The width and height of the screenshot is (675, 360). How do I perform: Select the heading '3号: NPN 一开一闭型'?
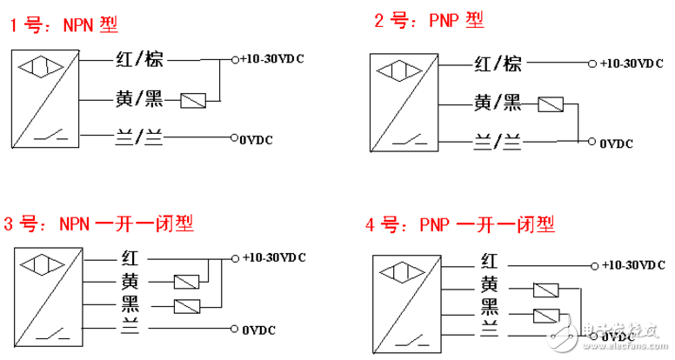tap(98, 223)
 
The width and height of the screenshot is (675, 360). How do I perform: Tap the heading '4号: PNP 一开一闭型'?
tap(459, 226)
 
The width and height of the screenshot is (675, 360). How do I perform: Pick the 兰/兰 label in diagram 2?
tap(497, 140)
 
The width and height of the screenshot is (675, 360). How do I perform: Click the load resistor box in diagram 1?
tap(193, 101)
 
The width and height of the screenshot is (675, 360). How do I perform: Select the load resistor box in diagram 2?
tap(551, 106)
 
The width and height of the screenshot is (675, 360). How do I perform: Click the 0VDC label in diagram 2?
tap(616, 143)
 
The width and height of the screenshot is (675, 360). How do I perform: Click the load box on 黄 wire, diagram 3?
tap(188, 282)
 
